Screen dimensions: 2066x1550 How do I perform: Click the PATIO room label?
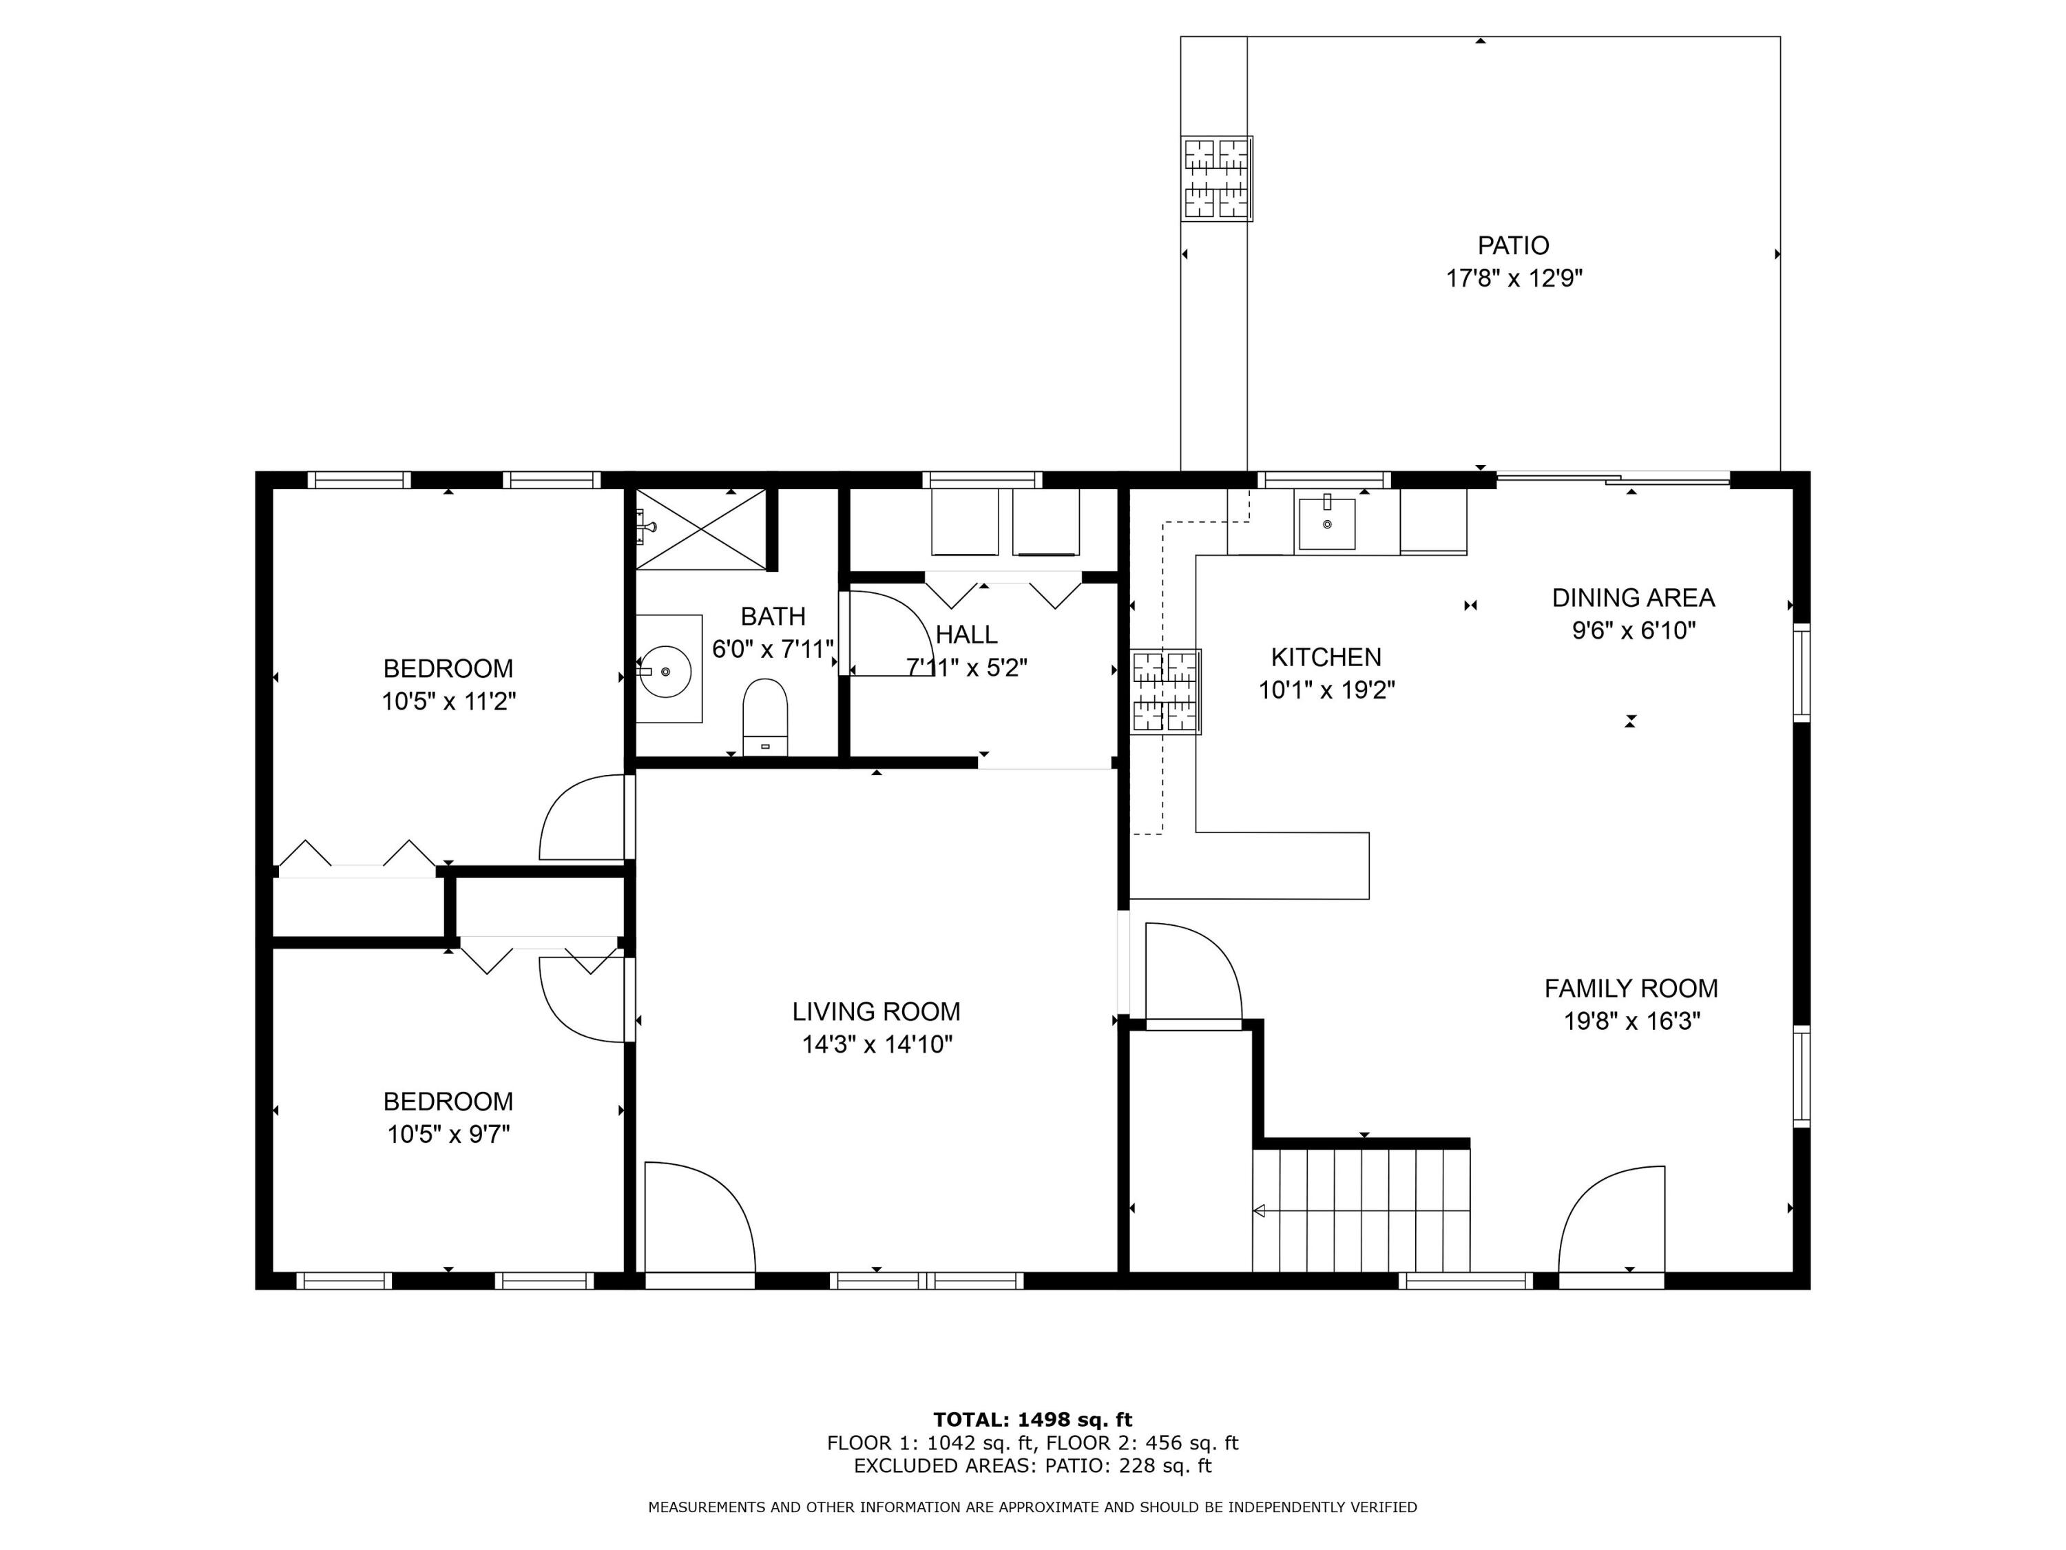point(1512,246)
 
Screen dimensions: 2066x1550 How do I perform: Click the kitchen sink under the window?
point(1326,523)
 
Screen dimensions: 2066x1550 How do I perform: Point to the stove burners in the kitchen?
point(1166,692)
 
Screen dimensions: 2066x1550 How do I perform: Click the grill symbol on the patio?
point(1216,178)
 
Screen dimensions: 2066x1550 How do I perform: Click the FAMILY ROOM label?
point(1631,988)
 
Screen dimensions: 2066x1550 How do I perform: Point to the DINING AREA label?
point(1634,597)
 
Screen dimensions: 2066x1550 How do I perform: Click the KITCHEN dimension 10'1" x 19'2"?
point(1326,690)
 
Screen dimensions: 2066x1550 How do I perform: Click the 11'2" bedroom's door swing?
point(581,818)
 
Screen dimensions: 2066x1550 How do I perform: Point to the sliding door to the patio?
point(1613,480)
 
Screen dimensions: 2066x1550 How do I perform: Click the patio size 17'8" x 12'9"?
point(1514,278)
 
